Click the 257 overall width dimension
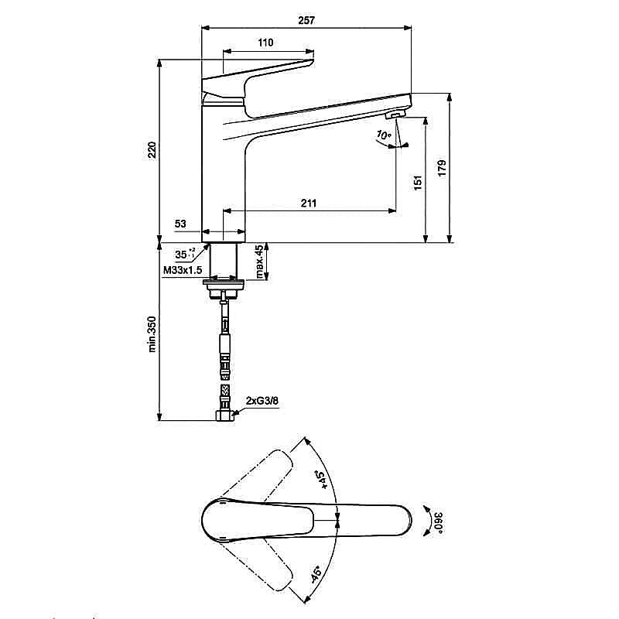pos(306,20)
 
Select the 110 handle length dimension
pos(265,43)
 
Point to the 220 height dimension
pos(152,149)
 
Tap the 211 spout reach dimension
pos(308,203)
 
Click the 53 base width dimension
pos(180,224)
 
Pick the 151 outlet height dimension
pos(417,183)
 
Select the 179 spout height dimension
pos(441,168)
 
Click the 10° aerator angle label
pos(382,135)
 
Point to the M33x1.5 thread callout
pos(183,270)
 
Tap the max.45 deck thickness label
pos(260,262)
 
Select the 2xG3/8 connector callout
pos(262,401)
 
